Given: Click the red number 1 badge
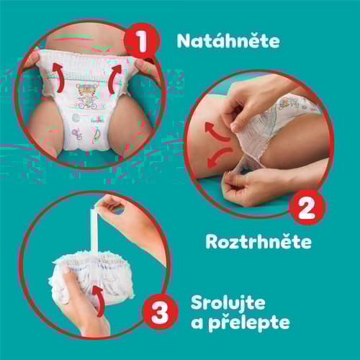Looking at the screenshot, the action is (x=142, y=40).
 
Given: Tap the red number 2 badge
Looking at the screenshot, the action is (x=307, y=207).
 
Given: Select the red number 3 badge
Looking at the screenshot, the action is (x=160, y=312).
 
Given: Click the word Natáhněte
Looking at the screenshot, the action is (x=228, y=41).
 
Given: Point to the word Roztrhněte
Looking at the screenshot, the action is (x=258, y=241).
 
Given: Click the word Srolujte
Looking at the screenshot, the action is (x=228, y=303).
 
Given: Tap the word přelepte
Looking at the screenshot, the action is (x=249, y=323).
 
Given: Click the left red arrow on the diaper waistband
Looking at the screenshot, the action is (x=58, y=77).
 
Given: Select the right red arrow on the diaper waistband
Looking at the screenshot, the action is (x=114, y=78).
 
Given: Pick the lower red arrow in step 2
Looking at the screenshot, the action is (x=218, y=156).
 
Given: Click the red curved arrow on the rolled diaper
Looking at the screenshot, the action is (x=99, y=300).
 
